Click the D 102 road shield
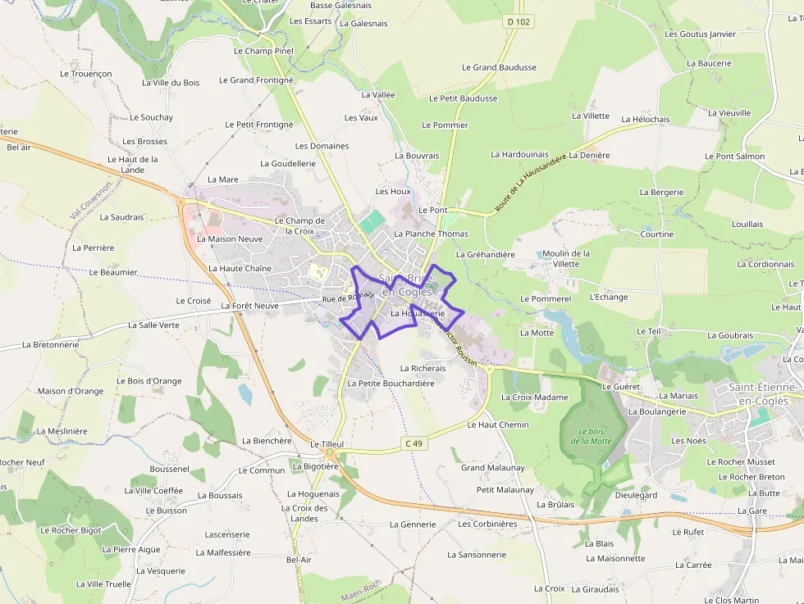[x=518, y=22]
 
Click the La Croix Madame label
[x=534, y=397]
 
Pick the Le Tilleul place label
[x=327, y=443]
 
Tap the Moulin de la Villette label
[x=566, y=259]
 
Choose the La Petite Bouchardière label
[x=391, y=383]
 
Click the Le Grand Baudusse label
[x=499, y=68]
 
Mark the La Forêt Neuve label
[x=250, y=306]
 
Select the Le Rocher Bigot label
[x=71, y=530]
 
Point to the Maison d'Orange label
[x=71, y=391]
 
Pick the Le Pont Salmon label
[x=734, y=157]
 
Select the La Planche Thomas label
[x=431, y=234]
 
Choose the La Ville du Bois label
[x=171, y=83]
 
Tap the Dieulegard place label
[x=636, y=495]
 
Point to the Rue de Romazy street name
[x=348, y=297]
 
